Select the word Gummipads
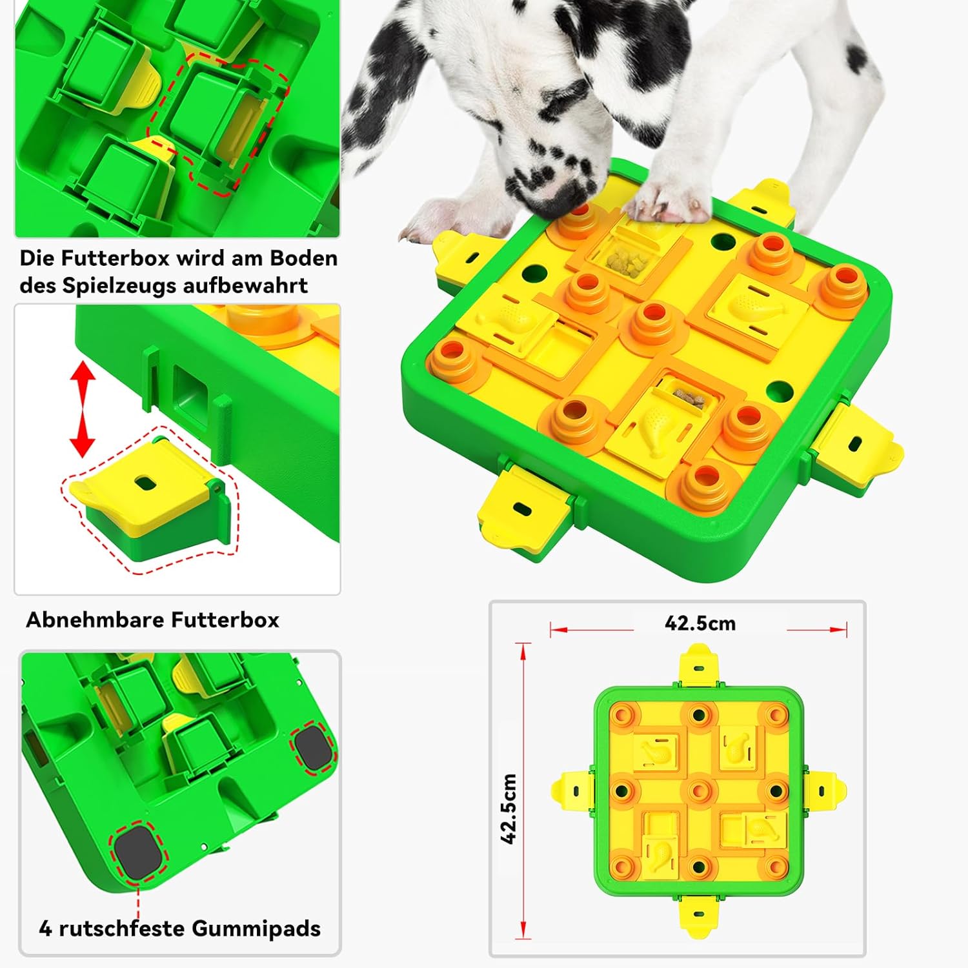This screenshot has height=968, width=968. [x=256, y=929]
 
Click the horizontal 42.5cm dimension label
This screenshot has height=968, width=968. [x=700, y=623]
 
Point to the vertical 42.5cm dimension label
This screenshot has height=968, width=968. [x=509, y=809]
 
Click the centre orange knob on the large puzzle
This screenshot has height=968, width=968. [x=653, y=322]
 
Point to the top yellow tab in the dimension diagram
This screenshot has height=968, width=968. [x=698, y=667]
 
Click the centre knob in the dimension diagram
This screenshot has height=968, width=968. [x=699, y=790]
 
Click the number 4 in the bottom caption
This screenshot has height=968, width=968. [x=45, y=929]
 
